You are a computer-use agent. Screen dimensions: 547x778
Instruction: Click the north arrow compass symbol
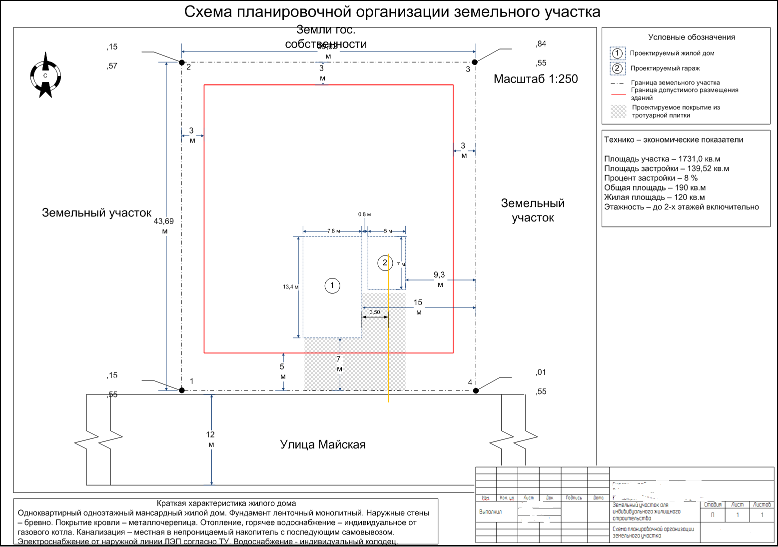[x=45, y=75]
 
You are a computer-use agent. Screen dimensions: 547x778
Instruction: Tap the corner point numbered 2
[x=182, y=62]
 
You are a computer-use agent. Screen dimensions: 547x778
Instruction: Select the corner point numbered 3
[x=475, y=62]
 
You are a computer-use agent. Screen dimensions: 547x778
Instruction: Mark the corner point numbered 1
[x=182, y=390]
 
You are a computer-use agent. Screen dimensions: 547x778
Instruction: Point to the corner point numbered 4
[x=476, y=390]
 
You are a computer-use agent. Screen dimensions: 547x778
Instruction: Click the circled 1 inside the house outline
[x=332, y=285]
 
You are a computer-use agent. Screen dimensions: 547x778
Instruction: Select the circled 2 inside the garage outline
[x=385, y=262]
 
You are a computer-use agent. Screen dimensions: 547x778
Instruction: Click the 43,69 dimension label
[x=164, y=221]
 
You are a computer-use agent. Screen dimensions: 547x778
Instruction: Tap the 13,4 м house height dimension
[x=290, y=287]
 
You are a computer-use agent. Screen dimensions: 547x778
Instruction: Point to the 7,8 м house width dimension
[x=333, y=231]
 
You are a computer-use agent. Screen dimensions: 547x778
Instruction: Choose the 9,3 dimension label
[x=439, y=275]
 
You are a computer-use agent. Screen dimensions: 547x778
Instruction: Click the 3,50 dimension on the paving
[x=375, y=312]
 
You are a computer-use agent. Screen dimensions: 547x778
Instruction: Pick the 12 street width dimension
[x=210, y=434]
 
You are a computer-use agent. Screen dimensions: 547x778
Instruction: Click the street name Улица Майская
[x=323, y=444]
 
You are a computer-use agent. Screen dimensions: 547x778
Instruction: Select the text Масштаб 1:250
[x=536, y=79]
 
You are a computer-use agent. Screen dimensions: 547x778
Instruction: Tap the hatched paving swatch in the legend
[x=618, y=111]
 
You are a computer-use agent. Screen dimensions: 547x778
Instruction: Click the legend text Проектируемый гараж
[x=665, y=68]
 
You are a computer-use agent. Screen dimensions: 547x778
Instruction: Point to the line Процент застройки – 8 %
[x=651, y=178]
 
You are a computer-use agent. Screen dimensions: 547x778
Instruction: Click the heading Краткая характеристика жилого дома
[x=226, y=503]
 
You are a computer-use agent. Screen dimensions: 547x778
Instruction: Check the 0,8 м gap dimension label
[x=364, y=214]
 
